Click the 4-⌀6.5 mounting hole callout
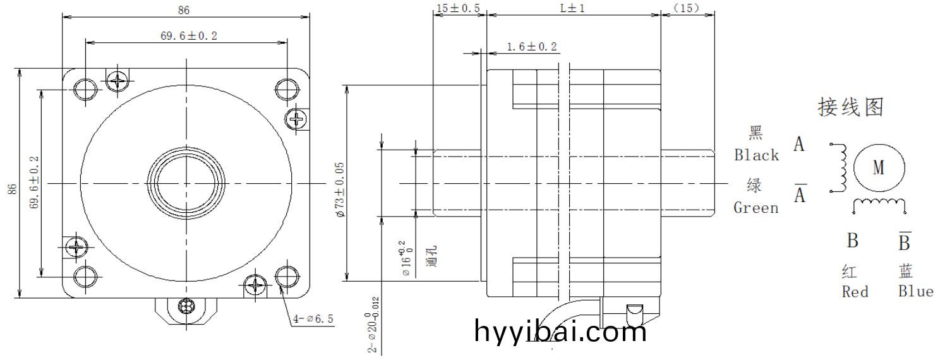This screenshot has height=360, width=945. pyautogui.click(x=313, y=319)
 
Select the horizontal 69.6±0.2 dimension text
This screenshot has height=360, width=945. pyautogui.click(x=188, y=36)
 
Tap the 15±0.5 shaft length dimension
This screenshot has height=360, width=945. pyautogui.click(x=458, y=8)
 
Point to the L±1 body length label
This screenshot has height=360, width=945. pyautogui.click(x=573, y=8)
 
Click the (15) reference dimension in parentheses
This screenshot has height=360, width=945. pyautogui.click(x=687, y=8)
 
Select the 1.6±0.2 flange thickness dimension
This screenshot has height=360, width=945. pyautogui.click(x=532, y=47)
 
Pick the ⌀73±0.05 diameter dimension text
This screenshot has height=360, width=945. pyautogui.click(x=339, y=189)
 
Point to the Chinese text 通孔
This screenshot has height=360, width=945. pyautogui.click(x=432, y=256)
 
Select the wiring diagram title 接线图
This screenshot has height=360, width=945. pyautogui.click(x=850, y=107)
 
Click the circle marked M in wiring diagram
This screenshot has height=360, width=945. pyautogui.click(x=879, y=167)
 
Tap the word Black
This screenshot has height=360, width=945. pyautogui.click(x=756, y=155)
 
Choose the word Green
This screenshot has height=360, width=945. pyautogui.click(x=756, y=208)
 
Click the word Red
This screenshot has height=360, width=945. pyautogui.click(x=855, y=292)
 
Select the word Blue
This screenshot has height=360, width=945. pyautogui.click(x=915, y=291)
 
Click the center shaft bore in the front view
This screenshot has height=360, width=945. pyautogui.click(x=186, y=184)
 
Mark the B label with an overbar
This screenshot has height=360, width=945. pyautogui.click(x=905, y=241)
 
